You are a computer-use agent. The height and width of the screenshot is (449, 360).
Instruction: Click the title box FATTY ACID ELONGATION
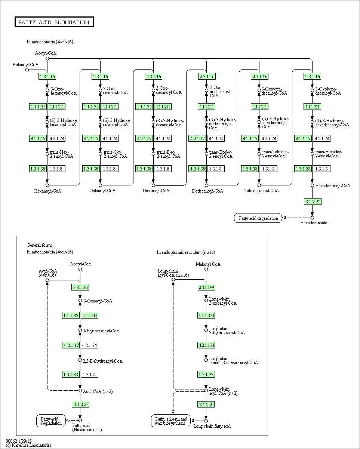coord(54,22)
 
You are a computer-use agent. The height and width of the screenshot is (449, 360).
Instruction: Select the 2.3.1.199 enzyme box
coord(206,287)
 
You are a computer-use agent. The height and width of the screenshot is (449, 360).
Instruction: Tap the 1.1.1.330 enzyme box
coord(206,316)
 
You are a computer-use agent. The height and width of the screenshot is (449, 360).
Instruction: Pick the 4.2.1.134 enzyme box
coord(206,345)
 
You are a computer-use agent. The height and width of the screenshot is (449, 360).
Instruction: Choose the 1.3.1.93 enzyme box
coord(206,374)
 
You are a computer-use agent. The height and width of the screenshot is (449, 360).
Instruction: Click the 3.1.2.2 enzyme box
coord(206,405)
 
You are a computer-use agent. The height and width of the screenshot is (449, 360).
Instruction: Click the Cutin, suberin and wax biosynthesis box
coord(171,421)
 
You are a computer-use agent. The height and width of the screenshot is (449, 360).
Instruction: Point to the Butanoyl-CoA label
coord(25,65)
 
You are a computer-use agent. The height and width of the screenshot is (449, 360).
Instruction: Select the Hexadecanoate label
coord(314,223)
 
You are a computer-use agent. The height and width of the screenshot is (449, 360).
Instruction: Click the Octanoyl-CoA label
coord(102,191)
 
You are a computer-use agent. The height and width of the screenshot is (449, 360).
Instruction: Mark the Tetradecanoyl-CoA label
coord(262,191)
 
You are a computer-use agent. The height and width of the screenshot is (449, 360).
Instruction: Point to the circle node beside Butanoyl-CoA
coord(27,70)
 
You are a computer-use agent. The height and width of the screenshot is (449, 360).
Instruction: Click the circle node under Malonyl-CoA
coord(206,269)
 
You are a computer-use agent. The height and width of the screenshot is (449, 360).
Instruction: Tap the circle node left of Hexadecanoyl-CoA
coord(312,185)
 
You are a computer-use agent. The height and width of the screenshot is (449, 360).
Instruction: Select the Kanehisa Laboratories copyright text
coord(28,445)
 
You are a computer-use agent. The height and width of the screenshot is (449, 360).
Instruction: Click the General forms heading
coord(39,245)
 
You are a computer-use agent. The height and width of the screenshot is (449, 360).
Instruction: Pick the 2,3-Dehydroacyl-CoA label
coord(102,361)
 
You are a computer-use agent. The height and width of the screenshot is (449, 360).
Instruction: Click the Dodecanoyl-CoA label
coord(207,191)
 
